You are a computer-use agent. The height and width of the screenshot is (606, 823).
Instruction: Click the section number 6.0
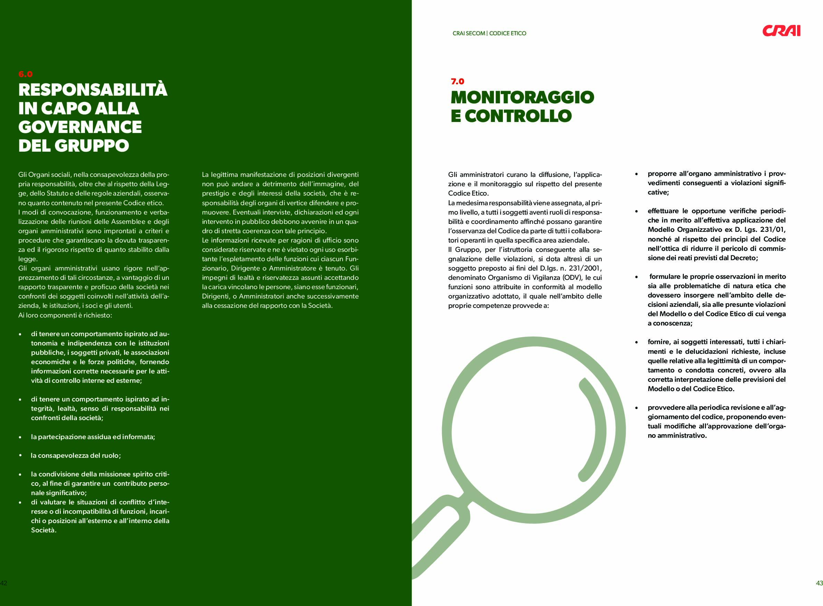(25, 74)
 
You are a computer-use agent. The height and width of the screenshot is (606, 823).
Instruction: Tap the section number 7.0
(458, 82)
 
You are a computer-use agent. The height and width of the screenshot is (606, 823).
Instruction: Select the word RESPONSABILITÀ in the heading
(93, 89)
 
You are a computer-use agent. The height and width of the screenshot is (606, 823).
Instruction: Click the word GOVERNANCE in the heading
(80, 127)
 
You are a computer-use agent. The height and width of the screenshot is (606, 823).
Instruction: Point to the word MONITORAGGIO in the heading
(522, 97)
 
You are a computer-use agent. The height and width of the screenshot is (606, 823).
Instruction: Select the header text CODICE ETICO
(507, 34)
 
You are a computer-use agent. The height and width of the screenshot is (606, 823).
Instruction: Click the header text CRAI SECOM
(469, 34)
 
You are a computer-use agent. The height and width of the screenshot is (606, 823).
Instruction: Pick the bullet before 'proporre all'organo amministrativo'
(637, 174)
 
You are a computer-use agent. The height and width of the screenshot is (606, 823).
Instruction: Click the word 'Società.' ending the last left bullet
(44, 530)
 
